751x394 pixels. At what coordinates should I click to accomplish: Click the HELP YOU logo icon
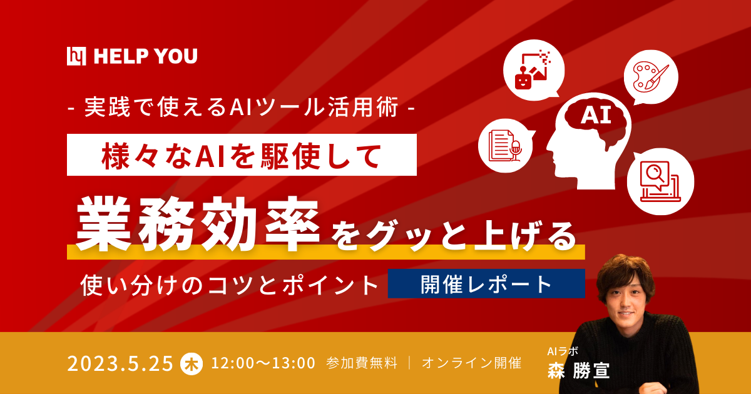[77, 56]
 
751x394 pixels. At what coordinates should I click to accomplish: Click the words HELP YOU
[145, 57]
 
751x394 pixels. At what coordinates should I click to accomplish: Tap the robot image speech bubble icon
[531, 70]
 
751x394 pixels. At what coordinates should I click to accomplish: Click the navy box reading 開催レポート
[486, 284]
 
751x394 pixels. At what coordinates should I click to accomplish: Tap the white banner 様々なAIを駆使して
[242, 154]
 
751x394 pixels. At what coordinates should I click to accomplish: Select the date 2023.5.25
[120, 363]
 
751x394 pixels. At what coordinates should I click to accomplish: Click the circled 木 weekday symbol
[191, 363]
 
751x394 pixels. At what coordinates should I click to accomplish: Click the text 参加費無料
[362, 363]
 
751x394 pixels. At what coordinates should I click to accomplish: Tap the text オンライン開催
[471, 363]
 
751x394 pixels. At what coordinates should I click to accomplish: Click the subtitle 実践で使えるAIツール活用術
[242, 108]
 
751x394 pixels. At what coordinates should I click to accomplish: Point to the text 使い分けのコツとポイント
[230, 285]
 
